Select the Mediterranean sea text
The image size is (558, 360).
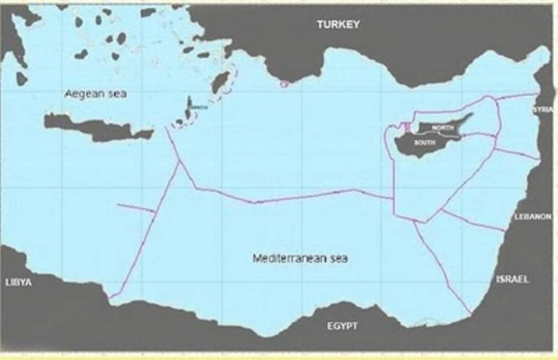[x=299, y=259]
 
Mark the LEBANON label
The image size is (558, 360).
[x=533, y=215]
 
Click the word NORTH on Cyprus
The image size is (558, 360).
[x=442, y=128]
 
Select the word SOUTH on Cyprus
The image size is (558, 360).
[x=425, y=141]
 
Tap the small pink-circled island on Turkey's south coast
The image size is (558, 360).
[x=282, y=85]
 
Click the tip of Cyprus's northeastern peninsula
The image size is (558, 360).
[x=472, y=114]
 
